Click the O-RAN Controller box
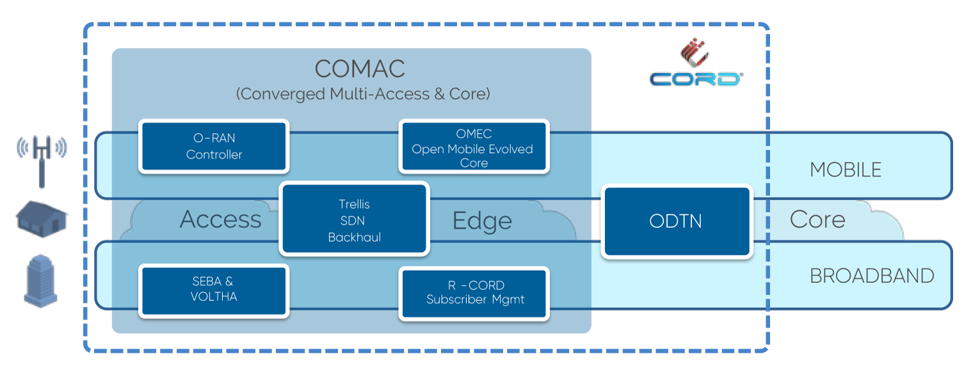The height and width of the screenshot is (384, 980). (x=214, y=146)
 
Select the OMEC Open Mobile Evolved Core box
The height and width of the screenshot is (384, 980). (x=474, y=147)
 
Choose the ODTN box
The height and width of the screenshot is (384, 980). (x=675, y=221)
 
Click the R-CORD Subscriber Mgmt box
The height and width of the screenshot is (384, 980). (x=474, y=292)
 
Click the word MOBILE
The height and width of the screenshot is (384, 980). (x=845, y=170)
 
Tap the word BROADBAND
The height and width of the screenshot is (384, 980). (x=872, y=276)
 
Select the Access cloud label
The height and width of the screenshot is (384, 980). (x=220, y=220)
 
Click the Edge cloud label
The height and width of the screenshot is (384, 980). (x=482, y=221)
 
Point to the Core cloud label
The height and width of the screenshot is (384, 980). (x=817, y=220)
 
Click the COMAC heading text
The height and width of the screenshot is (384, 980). (x=360, y=69)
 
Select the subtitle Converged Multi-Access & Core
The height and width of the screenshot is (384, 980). (x=362, y=94)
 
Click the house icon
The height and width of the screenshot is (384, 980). (x=41, y=216)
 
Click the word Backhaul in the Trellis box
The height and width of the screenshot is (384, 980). (x=354, y=237)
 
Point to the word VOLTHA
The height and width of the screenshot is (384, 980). (x=214, y=297)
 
